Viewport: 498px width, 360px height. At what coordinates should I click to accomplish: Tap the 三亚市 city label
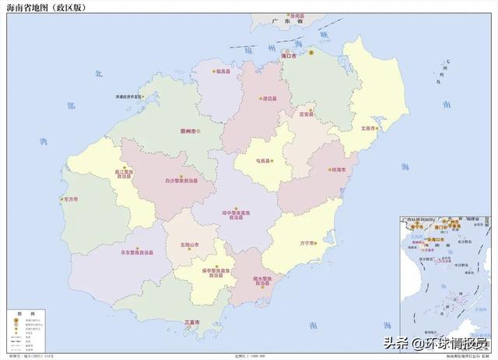click(x=190, y=321)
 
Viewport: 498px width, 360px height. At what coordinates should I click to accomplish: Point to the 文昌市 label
click(x=368, y=128)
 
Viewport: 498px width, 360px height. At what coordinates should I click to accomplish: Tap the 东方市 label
click(x=70, y=199)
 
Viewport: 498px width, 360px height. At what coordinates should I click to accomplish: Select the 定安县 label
click(x=306, y=114)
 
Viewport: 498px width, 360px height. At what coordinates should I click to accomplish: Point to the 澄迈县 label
click(x=270, y=99)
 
